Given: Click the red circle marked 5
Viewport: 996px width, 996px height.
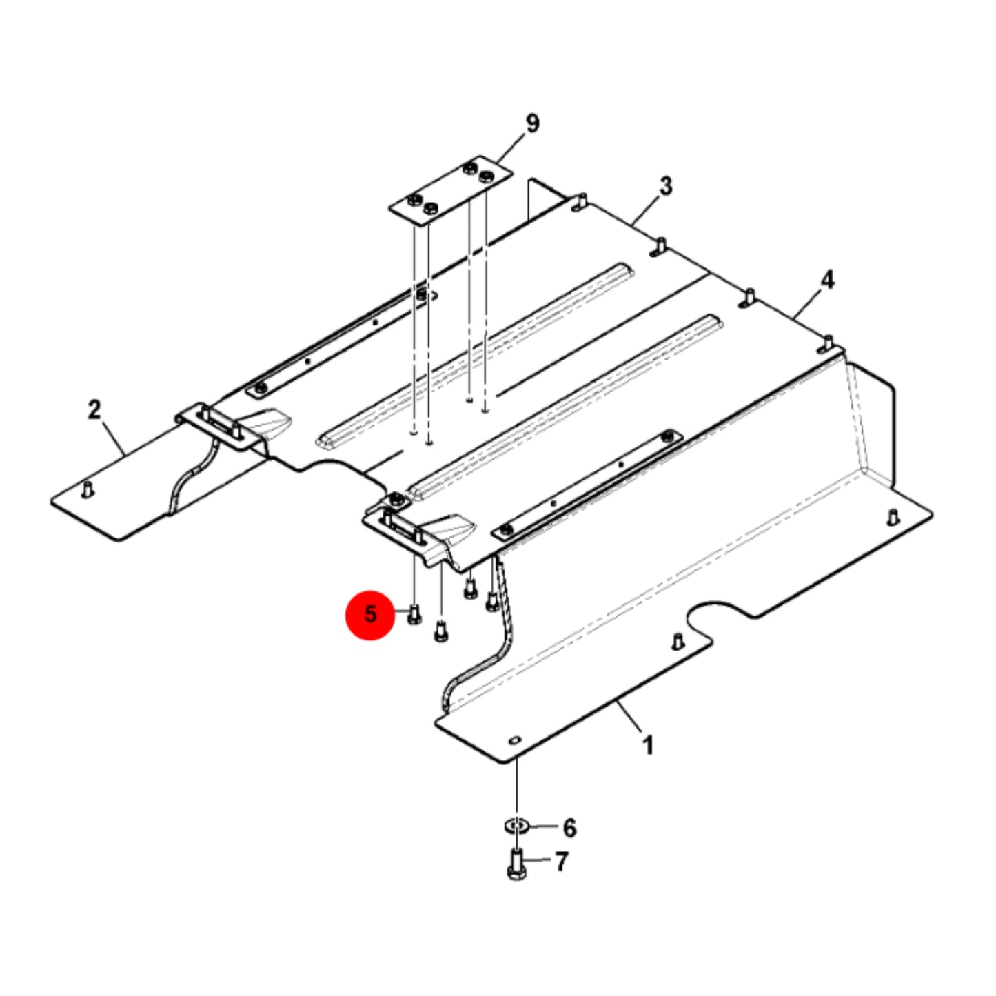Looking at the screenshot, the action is pyautogui.click(x=370, y=615).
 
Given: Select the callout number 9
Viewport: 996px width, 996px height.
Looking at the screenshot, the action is pyautogui.click(x=532, y=123).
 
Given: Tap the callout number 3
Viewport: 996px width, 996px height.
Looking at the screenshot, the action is pyautogui.click(x=667, y=186).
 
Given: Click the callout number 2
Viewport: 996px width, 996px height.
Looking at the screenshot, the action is pyautogui.click(x=94, y=410).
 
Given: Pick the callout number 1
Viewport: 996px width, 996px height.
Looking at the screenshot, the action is pyautogui.click(x=648, y=746).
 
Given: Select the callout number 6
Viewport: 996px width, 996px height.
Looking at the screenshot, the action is pyautogui.click(x=569, y=828).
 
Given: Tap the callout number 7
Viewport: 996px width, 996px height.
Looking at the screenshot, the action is pyautogui.click(x=561, y=861).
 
